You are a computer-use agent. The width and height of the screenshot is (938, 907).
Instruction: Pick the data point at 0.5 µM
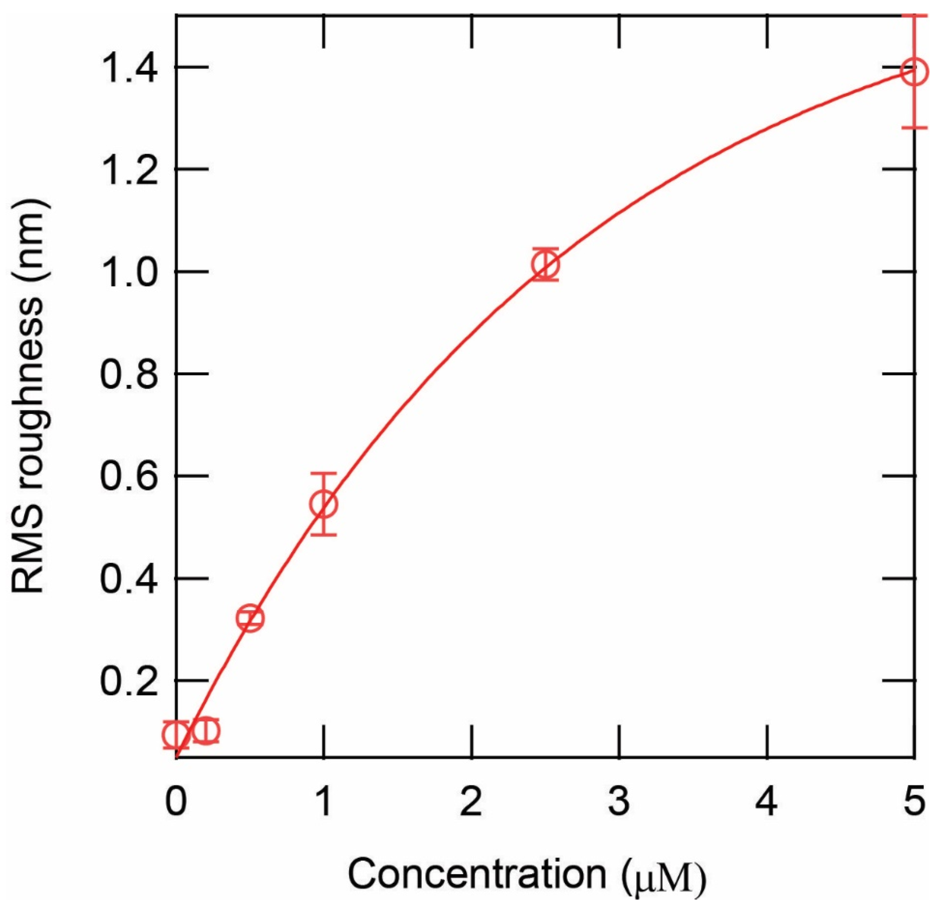(x=250, y=618)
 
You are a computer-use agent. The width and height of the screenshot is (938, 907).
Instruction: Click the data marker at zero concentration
(x=176, y=734)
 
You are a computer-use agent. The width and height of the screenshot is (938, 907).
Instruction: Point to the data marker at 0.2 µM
(x=206, y=731)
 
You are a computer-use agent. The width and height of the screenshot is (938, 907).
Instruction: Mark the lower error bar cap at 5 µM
(x=915, y=128)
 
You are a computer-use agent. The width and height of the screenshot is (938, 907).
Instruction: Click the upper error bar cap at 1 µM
(x=324, y=473)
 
